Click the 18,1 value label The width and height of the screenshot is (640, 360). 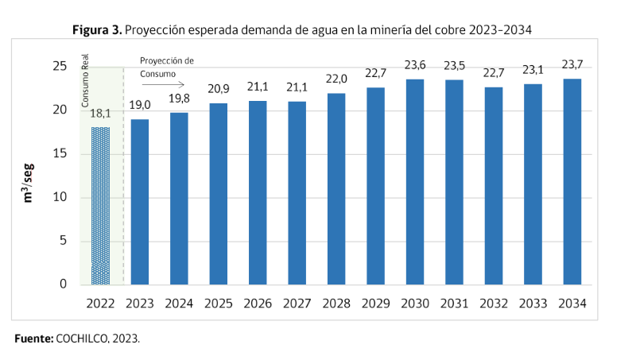[101, 114]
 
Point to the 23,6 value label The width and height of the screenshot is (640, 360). [415, 66]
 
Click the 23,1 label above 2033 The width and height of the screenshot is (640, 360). [533, 70]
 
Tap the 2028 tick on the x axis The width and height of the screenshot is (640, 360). [336, 304]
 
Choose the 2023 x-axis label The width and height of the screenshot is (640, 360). [140, 304]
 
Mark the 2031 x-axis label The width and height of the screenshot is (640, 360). [454, 304]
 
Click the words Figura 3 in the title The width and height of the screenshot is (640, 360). [96, 30]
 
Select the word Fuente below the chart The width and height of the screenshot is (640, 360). [33, 339]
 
